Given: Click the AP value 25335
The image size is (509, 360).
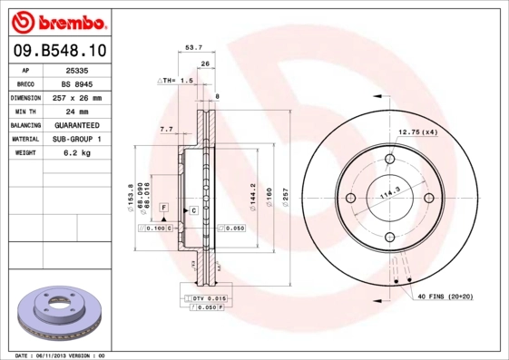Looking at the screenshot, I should tap(79, 69).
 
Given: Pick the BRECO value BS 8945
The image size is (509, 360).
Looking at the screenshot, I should tap(79, 83).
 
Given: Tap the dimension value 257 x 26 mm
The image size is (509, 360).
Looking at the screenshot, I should tap(79, 97).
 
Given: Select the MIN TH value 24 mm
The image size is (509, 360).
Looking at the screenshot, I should tap(79, 111).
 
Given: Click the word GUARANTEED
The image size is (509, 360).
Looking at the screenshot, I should tap(79, 125).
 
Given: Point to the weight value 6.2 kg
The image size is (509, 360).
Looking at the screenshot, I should tap(79, 153).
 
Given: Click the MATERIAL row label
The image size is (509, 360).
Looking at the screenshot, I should tap(24, 139).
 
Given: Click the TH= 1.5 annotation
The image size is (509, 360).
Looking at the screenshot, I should tap(179, 81).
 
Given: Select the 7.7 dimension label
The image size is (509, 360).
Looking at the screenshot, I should tap(166, 130).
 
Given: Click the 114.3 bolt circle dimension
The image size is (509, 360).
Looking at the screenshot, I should tap(390, 194).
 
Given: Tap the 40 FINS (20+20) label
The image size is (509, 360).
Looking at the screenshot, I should tap(451, 297).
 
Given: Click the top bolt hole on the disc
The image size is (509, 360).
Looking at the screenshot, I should tap(391, 161).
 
